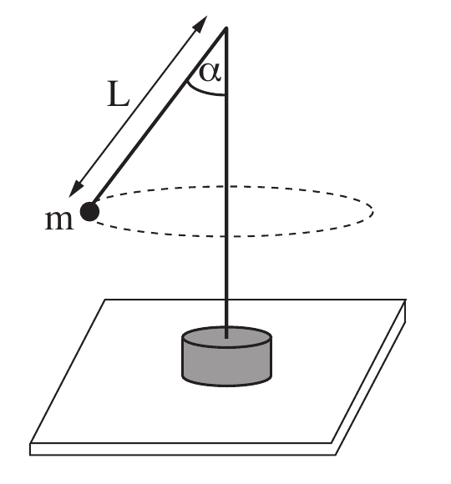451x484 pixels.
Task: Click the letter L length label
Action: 118,94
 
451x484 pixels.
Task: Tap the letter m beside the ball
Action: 59,220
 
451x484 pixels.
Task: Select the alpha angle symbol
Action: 210,73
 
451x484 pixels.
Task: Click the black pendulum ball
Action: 89,212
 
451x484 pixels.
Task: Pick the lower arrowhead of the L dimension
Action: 76,189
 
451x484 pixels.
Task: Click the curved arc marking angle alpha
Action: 204,91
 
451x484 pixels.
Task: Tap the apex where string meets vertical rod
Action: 226,28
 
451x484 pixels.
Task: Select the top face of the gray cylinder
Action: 227,337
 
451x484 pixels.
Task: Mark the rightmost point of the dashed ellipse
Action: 373,212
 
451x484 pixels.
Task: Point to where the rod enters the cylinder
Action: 226,338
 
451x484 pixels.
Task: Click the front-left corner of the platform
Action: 30,444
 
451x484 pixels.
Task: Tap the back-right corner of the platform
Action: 406,300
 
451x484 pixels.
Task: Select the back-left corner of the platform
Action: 105,300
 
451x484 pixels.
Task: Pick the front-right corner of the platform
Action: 332,443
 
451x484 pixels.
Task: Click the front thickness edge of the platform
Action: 182,449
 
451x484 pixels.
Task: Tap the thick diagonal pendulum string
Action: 158,117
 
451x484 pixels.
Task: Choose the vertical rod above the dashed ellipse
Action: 226,107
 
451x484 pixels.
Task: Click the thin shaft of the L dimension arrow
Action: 138,106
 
